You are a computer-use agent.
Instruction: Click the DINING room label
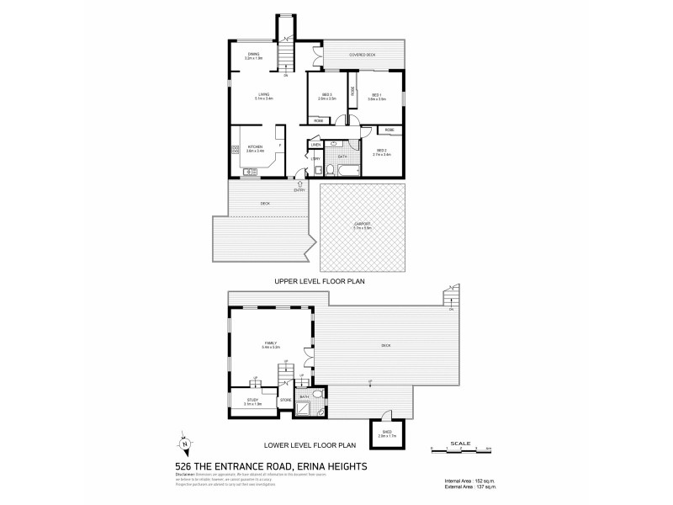[254, 56]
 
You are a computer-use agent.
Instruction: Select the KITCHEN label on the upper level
[255, 148]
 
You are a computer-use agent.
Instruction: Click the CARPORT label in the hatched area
[361, 226]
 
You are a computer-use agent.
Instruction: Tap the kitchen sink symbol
[250, 172]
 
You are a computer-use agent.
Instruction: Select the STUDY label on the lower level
[253, 401]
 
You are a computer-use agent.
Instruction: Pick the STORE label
[285, 400]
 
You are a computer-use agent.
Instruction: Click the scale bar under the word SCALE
[460, 448]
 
